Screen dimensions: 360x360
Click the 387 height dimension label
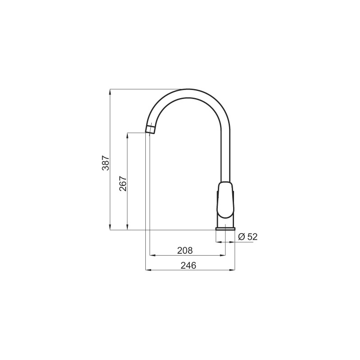coord(106,163)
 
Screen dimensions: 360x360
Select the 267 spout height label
coord(123,184)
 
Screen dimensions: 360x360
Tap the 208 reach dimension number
coord(185,251)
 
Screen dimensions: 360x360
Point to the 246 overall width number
coord(189,265)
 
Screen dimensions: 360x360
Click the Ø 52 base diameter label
coord(248,237)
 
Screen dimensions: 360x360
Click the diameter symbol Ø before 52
coord(242,237)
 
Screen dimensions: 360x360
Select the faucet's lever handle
coord(225,200)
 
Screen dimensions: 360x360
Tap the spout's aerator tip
coord(150,129)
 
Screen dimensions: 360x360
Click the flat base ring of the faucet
coord(225,229)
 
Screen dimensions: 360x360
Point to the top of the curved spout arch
coord(187,89)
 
